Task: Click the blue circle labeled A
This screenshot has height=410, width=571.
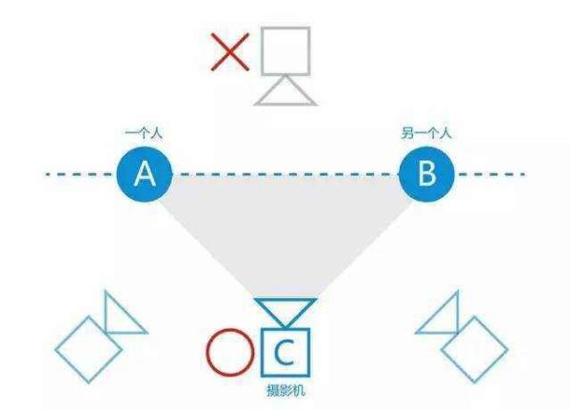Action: pyautogui.click(x=145, y=174)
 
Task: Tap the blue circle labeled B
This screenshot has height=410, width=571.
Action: pyautogui.click(x=426, y=174)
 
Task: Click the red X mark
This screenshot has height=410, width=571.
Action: pyautogui.click(x=230, y=51)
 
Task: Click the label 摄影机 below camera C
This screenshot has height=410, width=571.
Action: pyautogui.click(x=285, y=391)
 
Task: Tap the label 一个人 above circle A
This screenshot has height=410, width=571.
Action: pyautogui.click(x=144, y=133)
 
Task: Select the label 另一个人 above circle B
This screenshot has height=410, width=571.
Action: pyautogui.click(x=426, y=133)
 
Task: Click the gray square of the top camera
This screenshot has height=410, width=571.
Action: pyautogui.click(x=263, y=51)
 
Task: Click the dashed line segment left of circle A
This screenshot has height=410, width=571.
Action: pyautogui.click(x=81, y=174)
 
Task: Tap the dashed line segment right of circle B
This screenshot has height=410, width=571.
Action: pyautogui.click(x=490, y=174)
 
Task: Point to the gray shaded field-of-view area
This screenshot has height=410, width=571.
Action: pyautogui.click(x=285, y=233)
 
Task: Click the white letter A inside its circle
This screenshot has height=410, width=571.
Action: pyautogui.click(x=145, y=174)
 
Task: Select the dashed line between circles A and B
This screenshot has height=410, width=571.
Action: pyautogui.click(x=285, y=174)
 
